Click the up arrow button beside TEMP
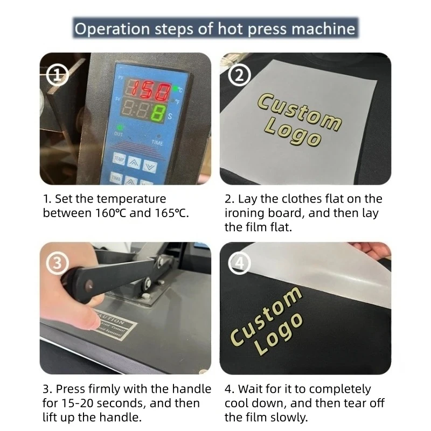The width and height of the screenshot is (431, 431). (135, 159)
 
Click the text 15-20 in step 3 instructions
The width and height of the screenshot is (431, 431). (78, 402)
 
